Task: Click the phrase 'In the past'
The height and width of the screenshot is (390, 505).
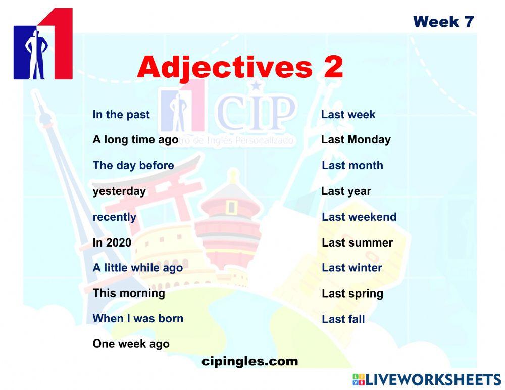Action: pos(121,115)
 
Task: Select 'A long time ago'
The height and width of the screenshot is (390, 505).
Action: pos(135,140)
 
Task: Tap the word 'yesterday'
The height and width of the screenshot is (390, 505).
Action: pos(119,191)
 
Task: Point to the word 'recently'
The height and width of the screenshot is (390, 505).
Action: pos(114,217)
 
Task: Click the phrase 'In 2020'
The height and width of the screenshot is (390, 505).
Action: pos(112,242)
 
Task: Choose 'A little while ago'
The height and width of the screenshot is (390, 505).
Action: pos(137,268)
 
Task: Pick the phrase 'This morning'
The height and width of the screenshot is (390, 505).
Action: pos(129,294)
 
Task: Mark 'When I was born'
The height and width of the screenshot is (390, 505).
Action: pos(138,319)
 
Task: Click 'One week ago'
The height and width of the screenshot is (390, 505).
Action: pos(131,344)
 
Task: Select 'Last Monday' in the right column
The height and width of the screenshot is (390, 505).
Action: pos(356,140)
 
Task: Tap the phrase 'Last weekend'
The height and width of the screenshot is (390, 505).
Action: pos(359,217)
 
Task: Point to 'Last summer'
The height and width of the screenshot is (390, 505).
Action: pos(357,243)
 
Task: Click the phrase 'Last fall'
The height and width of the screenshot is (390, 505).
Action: pos(343,319)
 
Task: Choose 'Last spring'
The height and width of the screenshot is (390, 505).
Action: pos(352,294)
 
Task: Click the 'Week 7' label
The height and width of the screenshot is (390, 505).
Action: pos(443,22)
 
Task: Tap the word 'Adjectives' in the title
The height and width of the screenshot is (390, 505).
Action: pos(224,68)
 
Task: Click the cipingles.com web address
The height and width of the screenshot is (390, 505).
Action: pos(249,362)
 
